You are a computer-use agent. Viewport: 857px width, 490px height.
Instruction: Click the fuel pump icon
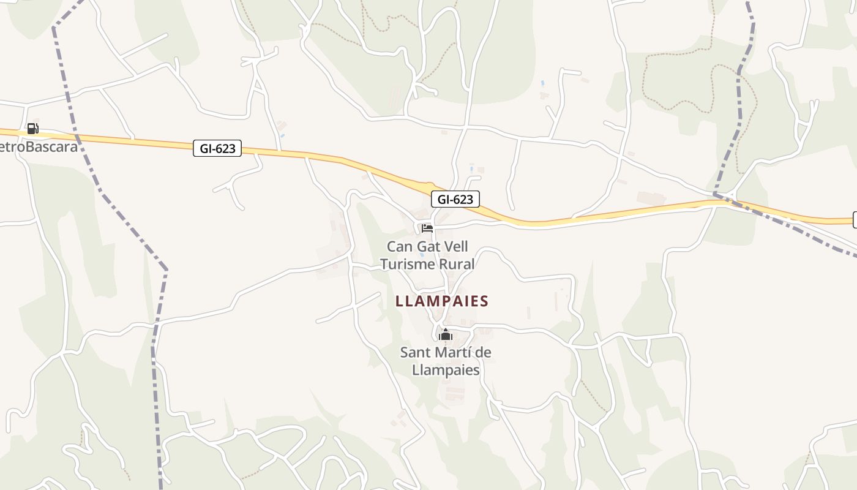[32, 129]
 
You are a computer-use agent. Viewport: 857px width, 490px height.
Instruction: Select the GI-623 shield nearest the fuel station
[217, 148]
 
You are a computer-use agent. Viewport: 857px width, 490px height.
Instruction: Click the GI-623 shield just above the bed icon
[455, 199]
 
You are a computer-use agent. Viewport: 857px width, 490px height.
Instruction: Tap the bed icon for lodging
[427, 228]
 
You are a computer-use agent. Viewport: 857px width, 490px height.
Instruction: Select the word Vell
[457, 247]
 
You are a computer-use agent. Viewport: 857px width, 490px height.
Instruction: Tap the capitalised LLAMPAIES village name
[442, 301]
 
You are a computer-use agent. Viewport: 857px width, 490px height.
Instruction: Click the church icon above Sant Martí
[445, 334]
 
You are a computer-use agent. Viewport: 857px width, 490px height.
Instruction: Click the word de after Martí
[483, 353]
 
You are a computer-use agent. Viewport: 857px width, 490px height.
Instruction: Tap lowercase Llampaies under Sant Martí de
[446, 370]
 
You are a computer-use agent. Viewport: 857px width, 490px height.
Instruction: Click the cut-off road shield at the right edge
[855, 220]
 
